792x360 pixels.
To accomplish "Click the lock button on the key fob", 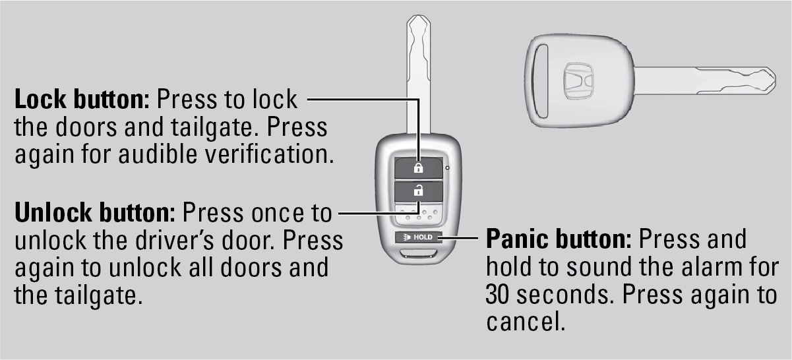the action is [x=419, y=167].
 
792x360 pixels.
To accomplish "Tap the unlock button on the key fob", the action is [x=419, y=191].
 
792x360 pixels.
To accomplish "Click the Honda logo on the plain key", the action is [x=578, y=81].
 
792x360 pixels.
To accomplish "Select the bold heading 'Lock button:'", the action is [x=82, y=100].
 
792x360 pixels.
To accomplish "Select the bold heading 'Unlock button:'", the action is [x=95, y=212].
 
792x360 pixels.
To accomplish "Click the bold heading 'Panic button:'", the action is [x=559, y=239].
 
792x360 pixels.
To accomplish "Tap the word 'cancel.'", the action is [x=526, y=321].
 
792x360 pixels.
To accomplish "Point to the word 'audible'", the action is [x=158, y=154].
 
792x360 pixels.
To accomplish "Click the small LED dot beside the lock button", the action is [x=448, y=167].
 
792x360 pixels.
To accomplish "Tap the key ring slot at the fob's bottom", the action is [x=418, y=254].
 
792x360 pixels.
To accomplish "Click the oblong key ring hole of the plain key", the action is [x=540, y=81].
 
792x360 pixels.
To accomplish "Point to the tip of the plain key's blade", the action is [x=776, y=81].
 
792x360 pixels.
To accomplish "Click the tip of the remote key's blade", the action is [x=418, y=15].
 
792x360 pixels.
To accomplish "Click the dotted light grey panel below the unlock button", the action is [x=419, y=214].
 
